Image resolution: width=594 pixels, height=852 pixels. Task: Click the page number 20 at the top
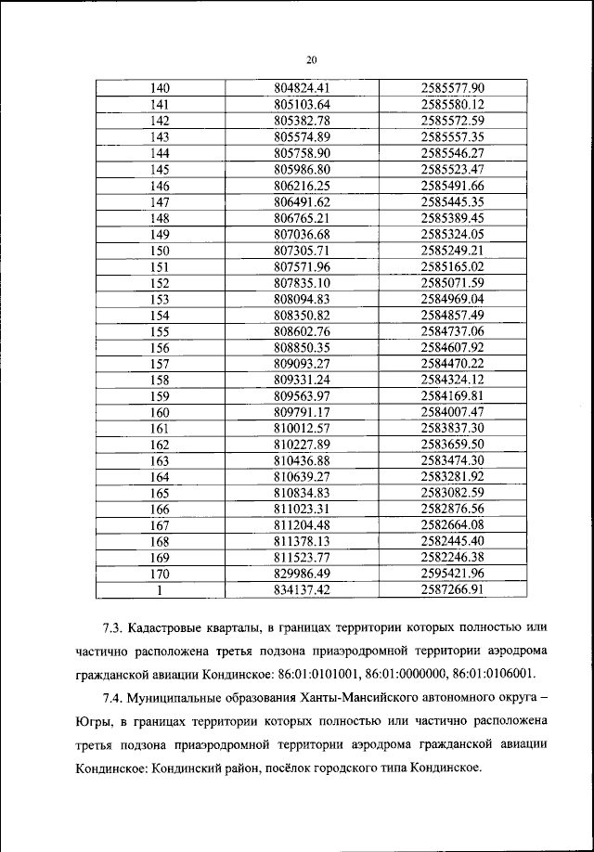[312, 59]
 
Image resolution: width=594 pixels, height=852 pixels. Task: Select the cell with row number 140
[161, 89]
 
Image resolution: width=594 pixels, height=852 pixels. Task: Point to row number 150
[161, 249]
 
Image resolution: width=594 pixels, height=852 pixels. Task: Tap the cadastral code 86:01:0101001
[321, 673]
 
